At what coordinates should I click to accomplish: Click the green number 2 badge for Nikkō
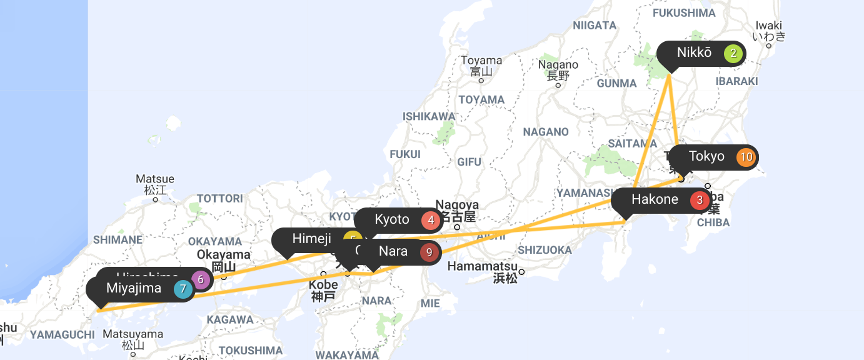[733, 54]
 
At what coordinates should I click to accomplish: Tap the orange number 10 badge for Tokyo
[746, 157]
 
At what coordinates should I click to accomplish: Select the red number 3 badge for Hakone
[700, 201]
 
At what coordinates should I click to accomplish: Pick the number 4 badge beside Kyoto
[431, 220]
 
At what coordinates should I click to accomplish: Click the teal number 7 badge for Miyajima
[183, 289]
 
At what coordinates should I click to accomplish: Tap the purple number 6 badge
[201, 279]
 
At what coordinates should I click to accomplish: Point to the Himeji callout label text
[311, 239]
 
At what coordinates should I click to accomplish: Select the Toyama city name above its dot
[481, 61]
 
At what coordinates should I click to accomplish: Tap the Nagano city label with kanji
[558, 69]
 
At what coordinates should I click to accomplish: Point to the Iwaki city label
[768, 31]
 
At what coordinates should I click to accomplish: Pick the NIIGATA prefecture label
[595, 26]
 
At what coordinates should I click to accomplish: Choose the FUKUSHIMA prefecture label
[683, 13]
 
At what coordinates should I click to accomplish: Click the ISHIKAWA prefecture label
[429, 116]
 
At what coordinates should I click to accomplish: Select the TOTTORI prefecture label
[219, 199]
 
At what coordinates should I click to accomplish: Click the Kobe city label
[323, 289]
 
